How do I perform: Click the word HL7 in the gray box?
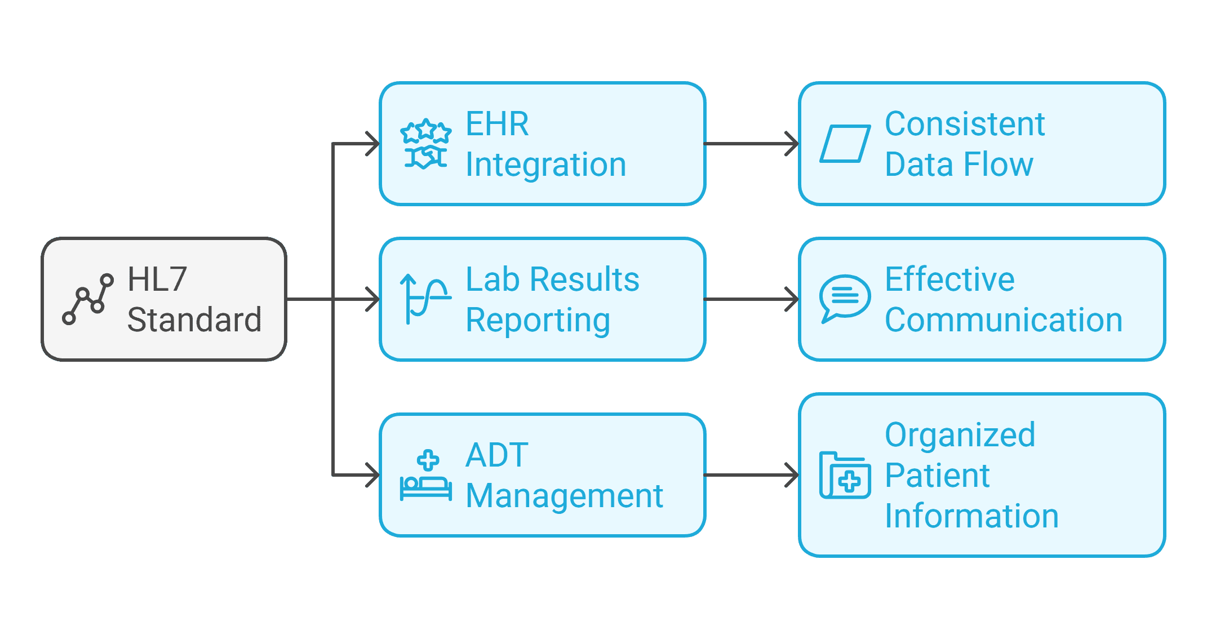(x=157, y=279)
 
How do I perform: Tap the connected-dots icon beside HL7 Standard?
(x=88, y=299)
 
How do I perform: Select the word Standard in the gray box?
(x=194, y=319)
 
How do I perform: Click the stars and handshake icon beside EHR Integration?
(x=425, y=144)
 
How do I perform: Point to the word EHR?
(x=497, y=124)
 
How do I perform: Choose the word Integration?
(x=545, y=165)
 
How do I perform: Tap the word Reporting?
(x=538, y=320)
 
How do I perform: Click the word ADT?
(x=496, y=455)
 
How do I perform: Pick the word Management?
(x=564, y=496)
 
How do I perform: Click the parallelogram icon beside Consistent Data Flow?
(x=845, y=144)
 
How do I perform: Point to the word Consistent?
(x=965, y=124)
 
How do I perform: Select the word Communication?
(x=1004, y=320)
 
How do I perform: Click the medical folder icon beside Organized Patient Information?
(x=845, y=475)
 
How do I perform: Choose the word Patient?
(x=937, y=475)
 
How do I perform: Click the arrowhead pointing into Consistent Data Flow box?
(x=793, y=144)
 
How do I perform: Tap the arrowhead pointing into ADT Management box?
(x=374, y=475)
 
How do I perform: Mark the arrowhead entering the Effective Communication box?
(x=793, y=299)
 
